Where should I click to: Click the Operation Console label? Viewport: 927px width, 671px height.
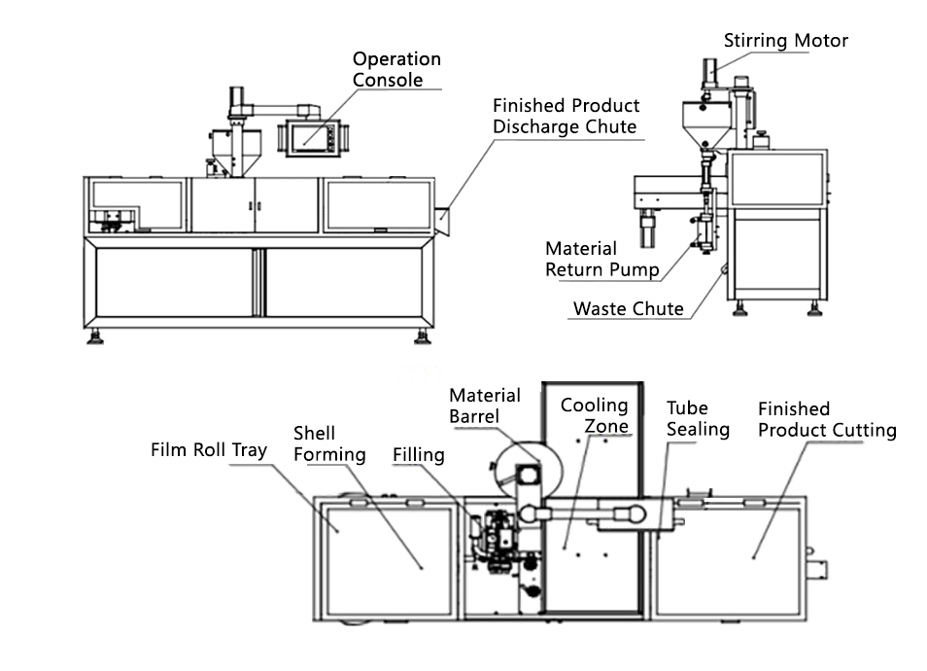395,70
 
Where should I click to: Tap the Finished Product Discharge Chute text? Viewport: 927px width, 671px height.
565,116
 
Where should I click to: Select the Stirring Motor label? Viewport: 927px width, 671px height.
785,41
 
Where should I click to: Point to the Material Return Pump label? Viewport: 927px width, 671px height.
601,260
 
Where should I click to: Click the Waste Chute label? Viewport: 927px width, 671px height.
628,309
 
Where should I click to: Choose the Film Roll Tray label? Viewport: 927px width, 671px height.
208,450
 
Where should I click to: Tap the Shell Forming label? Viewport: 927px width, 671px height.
329,443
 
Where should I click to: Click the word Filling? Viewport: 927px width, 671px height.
418,454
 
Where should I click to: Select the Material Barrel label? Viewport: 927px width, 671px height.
484,406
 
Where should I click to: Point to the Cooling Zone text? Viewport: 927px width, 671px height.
594,415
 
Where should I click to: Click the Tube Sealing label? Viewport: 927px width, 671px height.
697,418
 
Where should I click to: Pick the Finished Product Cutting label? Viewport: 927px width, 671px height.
826,419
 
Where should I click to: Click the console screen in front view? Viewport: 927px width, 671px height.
310,134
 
